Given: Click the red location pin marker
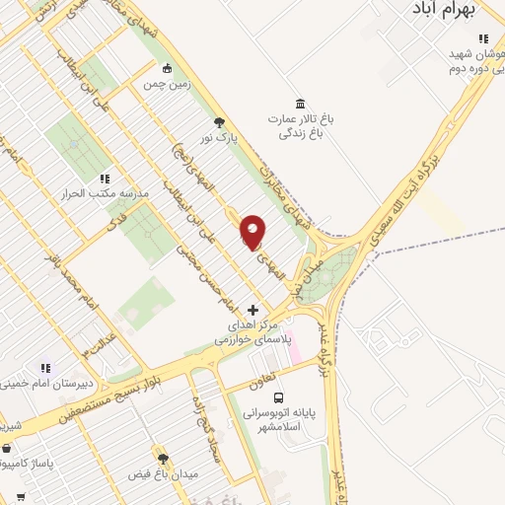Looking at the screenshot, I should [252, 231].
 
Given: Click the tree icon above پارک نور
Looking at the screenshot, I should [219, 122].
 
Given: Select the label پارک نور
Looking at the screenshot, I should [219, 140].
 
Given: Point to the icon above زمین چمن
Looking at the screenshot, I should [167, 68].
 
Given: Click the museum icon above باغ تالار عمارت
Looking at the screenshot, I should [300, 104].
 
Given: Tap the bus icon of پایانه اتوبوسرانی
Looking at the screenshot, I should [277, 386].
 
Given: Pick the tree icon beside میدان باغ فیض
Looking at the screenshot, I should [163, 459].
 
